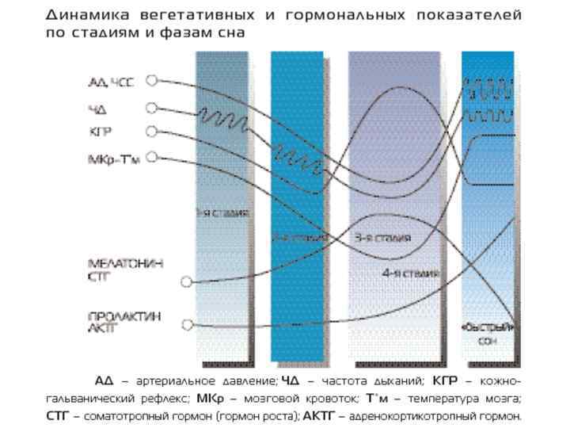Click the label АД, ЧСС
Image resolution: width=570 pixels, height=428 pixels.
point(110,82)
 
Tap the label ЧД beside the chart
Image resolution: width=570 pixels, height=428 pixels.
point(97,109)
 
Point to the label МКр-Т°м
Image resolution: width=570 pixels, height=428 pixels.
point(113,159)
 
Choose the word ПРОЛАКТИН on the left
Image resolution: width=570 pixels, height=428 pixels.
point(124,316)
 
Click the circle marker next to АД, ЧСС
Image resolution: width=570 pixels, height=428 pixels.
point(152,80)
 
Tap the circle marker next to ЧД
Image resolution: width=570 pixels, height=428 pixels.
point(152,108)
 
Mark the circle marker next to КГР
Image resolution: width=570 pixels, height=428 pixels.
point(152,132)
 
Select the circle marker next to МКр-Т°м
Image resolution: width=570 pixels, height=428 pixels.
point(152,157)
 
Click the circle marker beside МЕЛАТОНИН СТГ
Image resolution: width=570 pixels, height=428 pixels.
point(187,281)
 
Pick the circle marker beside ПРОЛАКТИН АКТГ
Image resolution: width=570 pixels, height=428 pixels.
point(187,324)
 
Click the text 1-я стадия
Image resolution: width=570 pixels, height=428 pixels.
point(222,213)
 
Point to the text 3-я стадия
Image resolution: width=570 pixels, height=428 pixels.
point(382,237)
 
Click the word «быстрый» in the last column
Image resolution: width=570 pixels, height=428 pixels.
point(488,327)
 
